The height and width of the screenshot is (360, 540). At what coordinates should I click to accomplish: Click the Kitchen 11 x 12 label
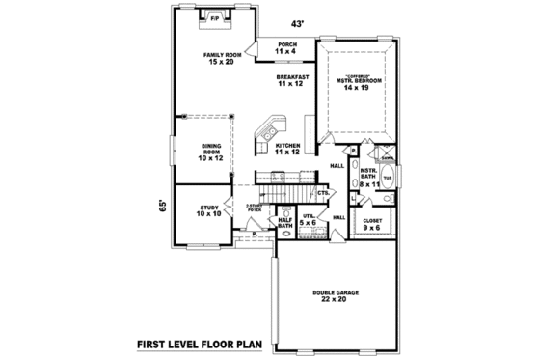(x=287, y=148)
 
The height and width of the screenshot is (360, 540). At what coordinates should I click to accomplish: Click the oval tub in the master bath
(x=388, y=179)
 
